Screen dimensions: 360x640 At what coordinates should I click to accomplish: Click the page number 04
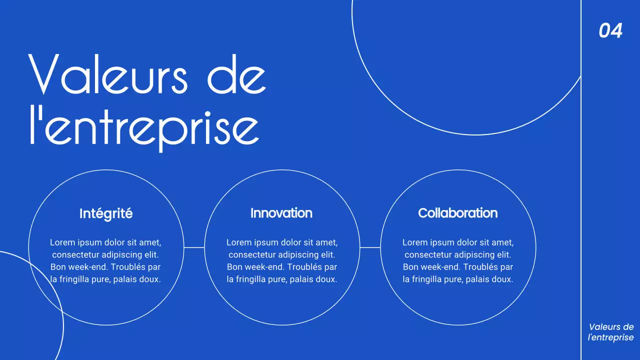pyautogui.click(x=610, y=31)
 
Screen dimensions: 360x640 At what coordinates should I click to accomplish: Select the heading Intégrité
pyautogui.click(x=106, y=213)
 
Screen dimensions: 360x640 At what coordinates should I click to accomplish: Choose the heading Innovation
pyautogui.click(x=281, y=213)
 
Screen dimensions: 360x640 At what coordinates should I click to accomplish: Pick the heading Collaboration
pyautogui.click(x=457, y=213)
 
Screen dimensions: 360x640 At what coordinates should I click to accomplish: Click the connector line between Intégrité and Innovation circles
pyautogui.click(x=194, y=247)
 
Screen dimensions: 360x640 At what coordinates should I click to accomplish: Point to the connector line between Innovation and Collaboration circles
pyautogui.click(x=370, y=247)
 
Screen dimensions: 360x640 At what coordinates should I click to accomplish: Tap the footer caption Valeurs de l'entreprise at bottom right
pyautogui.click(x=610, y=332)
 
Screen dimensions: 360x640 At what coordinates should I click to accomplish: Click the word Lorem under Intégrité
pyautogui.click(x=61, y=242)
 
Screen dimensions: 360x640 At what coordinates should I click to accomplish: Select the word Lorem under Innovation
pyautogui.click(x=238, y=242)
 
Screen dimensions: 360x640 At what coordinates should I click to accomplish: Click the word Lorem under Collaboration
pyautogui.click(x=414, y=242)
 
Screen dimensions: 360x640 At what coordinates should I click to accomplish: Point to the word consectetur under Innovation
pyautogui.click(x=251, y=255)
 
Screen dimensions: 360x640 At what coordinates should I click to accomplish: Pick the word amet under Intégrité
pyautogui.click(x=150, y=242)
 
